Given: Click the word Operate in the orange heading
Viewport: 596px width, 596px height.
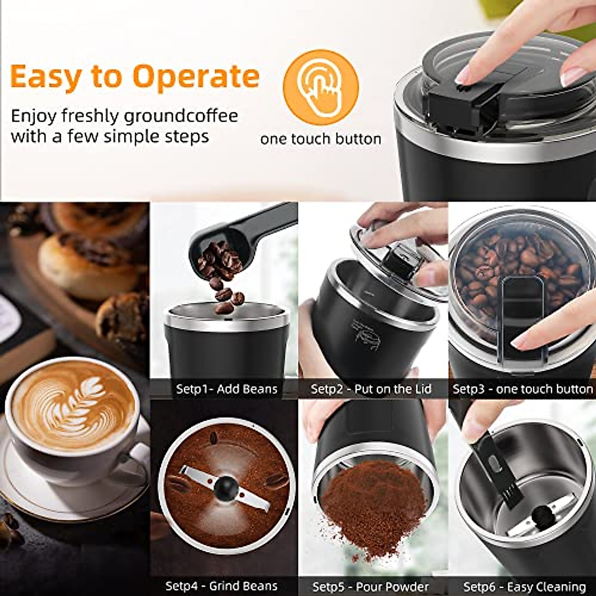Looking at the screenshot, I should [x=196, y=77].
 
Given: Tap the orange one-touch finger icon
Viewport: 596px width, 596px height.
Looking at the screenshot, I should [x=320, y=87].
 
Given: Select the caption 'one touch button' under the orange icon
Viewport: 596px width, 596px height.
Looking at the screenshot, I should [x=320, y=139].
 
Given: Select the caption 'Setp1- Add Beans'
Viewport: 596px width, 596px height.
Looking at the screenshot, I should [x=226, y=389].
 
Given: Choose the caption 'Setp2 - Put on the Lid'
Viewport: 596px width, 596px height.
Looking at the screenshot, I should [x=371, y=389].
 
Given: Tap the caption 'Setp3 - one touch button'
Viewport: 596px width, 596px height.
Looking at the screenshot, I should [x=522, y=389].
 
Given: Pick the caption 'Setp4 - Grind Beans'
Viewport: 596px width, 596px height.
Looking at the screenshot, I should [x=221, y=586].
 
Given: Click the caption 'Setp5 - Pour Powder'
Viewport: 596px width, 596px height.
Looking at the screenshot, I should [x=371, y=587].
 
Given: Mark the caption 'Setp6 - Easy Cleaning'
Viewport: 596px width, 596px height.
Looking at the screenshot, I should [x=524, y=587].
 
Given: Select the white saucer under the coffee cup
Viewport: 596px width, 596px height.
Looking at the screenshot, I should [x=30, y=487].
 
